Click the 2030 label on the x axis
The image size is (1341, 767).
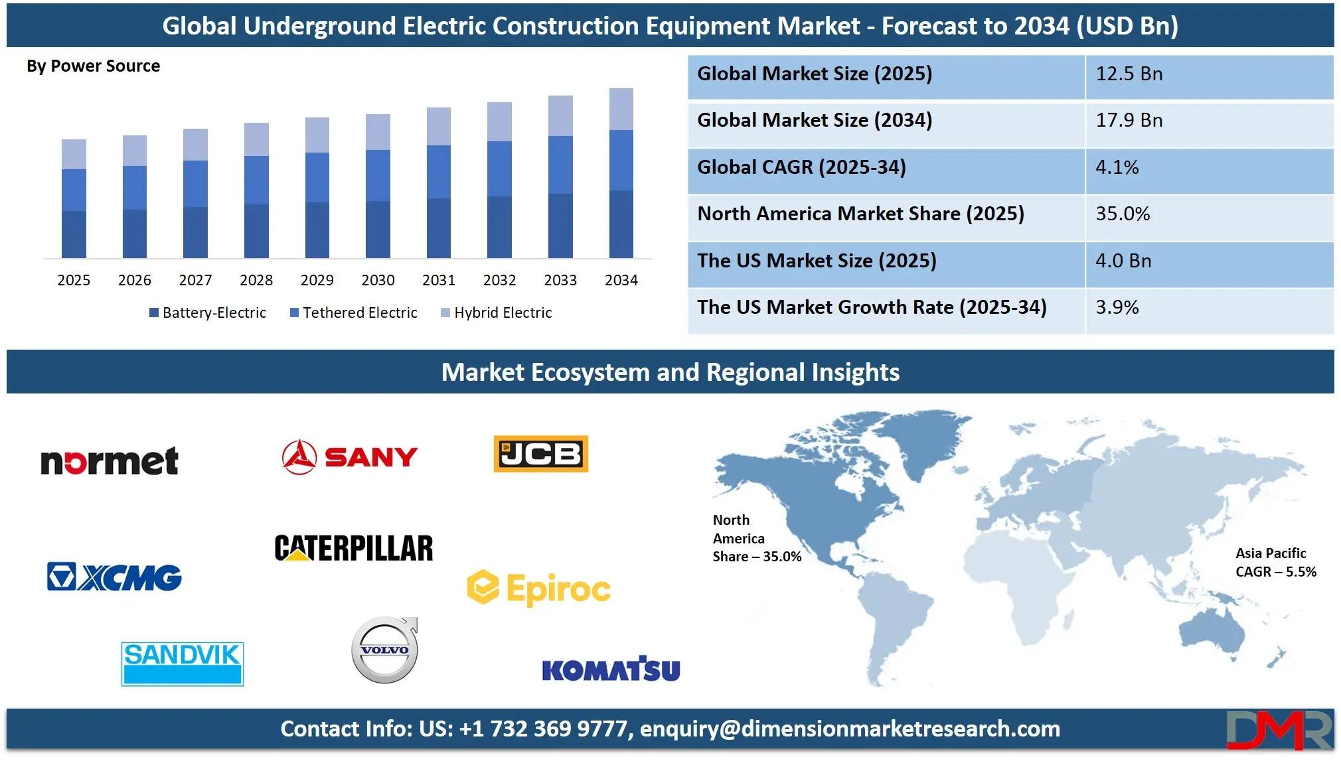(x=378, y=280)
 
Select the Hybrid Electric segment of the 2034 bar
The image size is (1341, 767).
(x=621, y=109)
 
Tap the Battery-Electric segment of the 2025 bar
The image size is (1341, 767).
(x=74, y=234)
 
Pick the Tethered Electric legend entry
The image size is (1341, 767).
(x=354, y=313)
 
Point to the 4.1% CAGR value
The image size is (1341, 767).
(x=1117, y=167)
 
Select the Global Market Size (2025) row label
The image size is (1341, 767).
(x=815, y=74)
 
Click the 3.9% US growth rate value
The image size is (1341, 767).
(x=1117, y=307)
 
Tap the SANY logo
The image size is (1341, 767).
(x=350, y=456)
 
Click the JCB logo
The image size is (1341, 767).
(x=541, y=454)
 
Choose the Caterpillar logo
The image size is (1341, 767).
(x=354, y=548)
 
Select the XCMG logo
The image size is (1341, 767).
(x=114, y=577)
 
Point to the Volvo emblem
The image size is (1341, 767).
(x=385, y=650)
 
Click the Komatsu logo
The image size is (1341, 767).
(x=611, y=669)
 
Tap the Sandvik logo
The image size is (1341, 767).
(x=183, y=663)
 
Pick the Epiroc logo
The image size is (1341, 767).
(x=539, y=588)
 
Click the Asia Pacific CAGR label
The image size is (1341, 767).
(x=1275, y=563)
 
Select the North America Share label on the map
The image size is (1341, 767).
(x=757, y=538)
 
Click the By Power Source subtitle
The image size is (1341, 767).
(x=93, y=66)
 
